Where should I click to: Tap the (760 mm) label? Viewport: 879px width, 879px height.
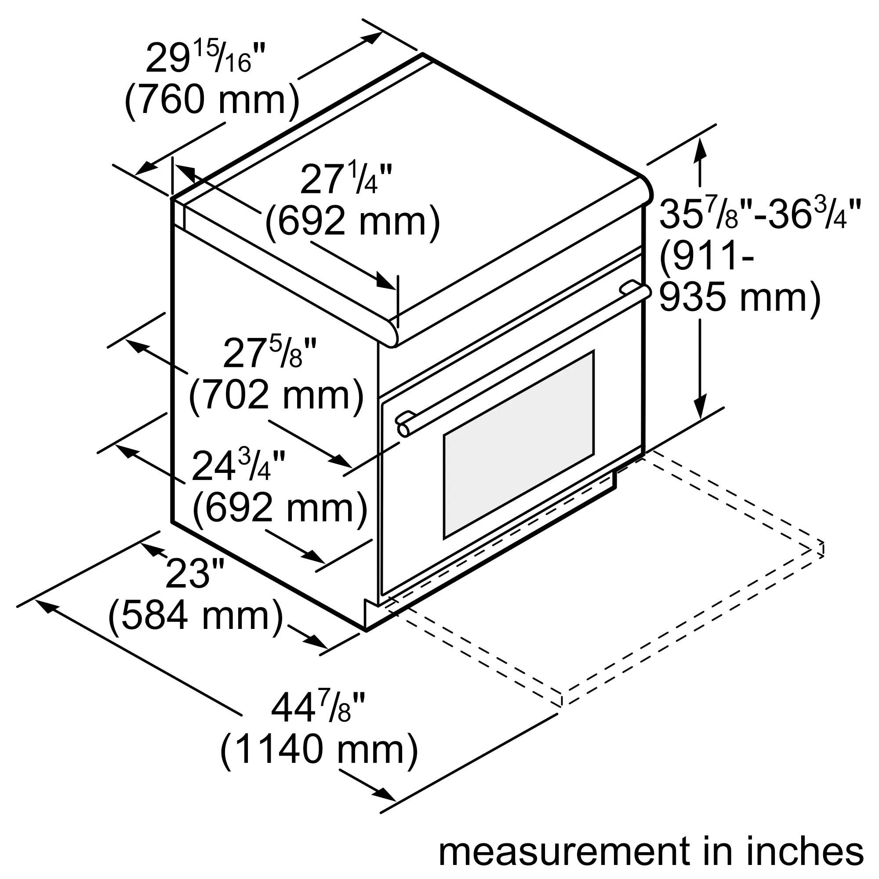point(212,100)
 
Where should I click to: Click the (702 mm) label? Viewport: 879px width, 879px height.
point(276,395)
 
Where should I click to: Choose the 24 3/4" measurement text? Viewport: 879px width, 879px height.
point(238,465)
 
